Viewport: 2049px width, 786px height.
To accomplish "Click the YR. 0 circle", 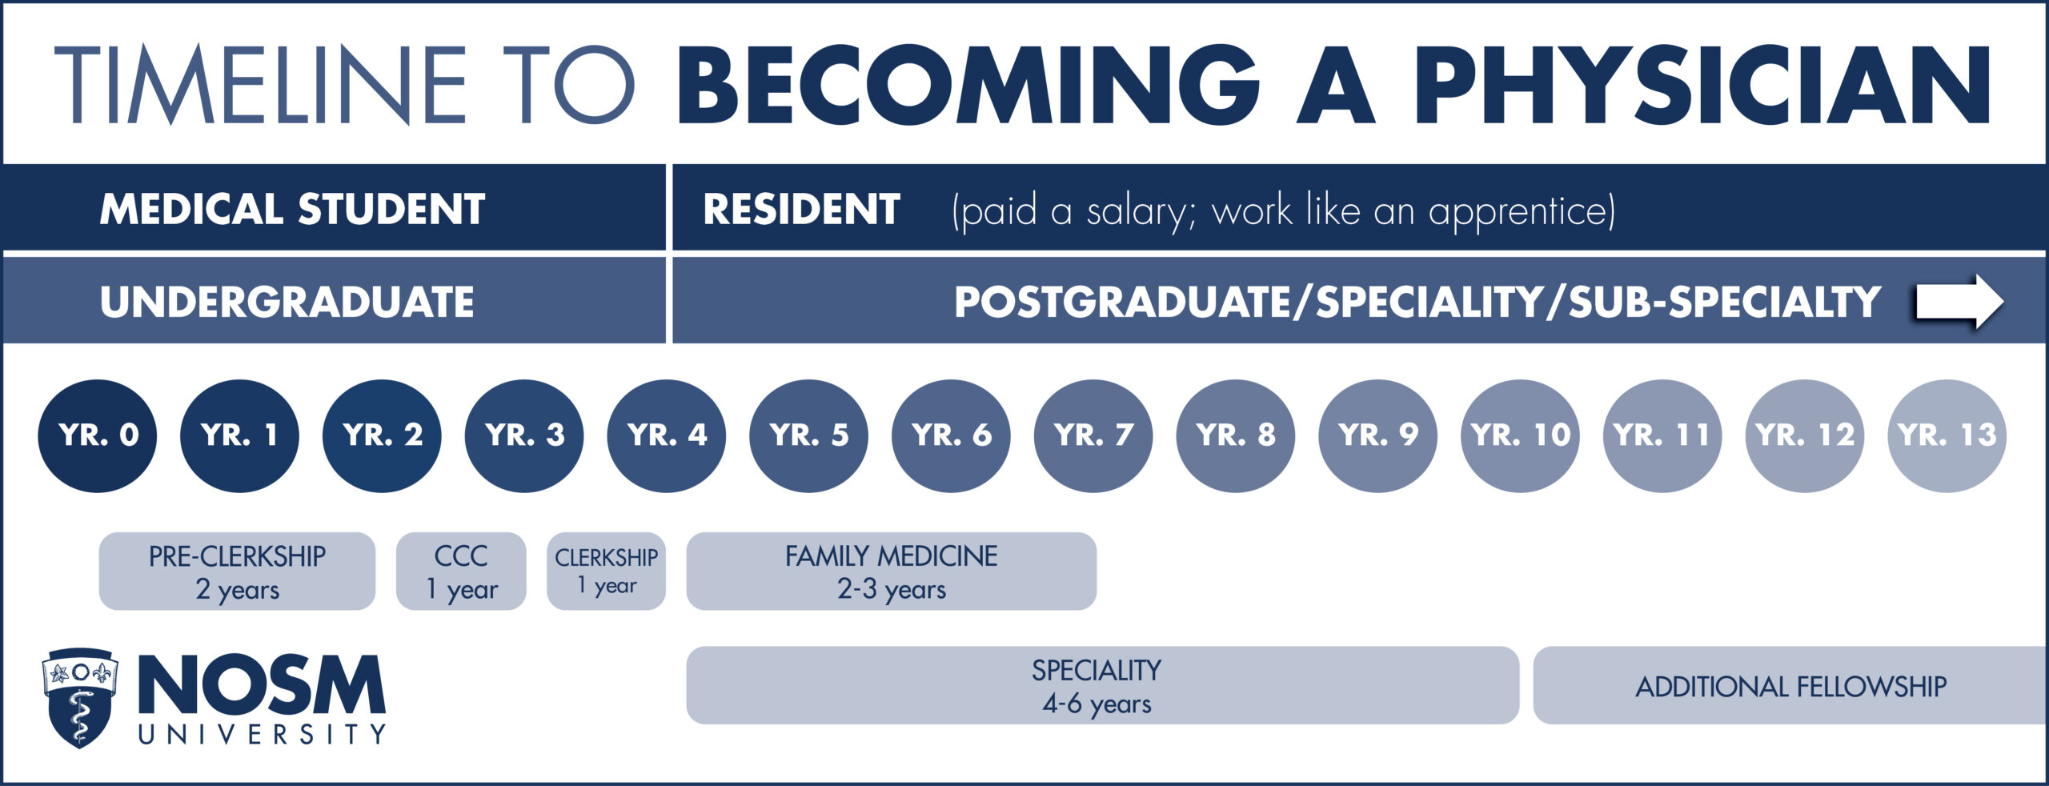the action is [x=98, y=435].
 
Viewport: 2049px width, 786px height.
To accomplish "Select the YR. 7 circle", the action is [x=1093, y=435].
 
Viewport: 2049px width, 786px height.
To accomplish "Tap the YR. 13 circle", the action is [x=1947, y=435].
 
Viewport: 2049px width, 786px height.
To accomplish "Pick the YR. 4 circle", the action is [x=667, y=435].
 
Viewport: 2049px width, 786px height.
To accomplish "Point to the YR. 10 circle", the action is [x=1521, y=435].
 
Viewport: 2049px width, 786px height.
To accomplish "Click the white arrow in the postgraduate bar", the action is [x=1959, y=302].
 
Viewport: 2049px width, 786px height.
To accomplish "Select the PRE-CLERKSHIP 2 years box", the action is [x=237, y=571].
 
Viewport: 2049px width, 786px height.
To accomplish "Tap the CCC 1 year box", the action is [x=461, y=571].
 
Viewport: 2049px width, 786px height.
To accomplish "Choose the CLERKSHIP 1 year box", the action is [x=607, y=571].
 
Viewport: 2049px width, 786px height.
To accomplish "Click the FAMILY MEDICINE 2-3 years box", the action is [x=892, y=571].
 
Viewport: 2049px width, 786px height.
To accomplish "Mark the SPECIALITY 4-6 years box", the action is [x=1103, y=685].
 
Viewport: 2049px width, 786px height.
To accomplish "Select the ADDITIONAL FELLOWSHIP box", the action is [x=1790, y=685].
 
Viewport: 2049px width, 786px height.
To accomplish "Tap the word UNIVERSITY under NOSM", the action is [x=263, y=734].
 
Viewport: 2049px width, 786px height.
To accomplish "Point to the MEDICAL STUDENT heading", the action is [x=292, y=210].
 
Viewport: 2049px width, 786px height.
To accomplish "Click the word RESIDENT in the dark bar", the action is [x=801, y=210].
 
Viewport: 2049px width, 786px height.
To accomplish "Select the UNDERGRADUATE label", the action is [x=287, y=303].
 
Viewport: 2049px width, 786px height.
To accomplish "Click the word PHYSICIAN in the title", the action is [x=1702, y=85].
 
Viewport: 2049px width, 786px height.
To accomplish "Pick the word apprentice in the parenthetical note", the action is [x=1522, y=212].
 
